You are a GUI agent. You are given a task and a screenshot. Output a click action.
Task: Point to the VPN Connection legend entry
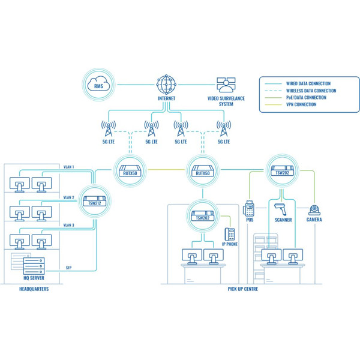click(x=302, y=105)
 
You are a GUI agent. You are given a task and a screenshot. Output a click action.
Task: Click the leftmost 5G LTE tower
click(x=109, y=128)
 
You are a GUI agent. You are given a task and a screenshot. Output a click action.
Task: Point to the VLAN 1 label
click(x=69, y=166)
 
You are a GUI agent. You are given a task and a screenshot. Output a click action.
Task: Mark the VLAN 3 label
click(x=69, y=225)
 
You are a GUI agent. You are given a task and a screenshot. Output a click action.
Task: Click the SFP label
click(x=68, y=268)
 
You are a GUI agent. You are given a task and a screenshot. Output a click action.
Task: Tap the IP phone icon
click(x=229, y=234)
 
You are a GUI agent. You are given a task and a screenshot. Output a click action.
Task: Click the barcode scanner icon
click(x=281, y=209)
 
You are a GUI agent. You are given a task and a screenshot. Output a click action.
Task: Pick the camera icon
click(x=314, y=210)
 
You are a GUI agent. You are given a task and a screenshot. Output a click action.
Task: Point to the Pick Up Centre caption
click(x=243, y=289)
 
